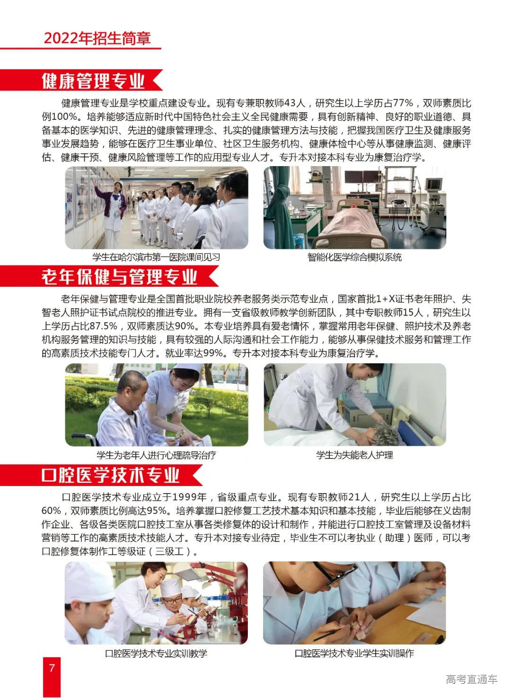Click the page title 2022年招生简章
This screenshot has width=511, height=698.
point(97,38)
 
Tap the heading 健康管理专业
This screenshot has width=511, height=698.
point(93,81)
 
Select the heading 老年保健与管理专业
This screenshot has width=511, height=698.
point(119,277)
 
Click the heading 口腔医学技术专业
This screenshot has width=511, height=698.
point(111,475)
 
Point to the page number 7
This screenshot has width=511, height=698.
point(52,668)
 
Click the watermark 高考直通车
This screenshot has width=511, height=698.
point(471,680)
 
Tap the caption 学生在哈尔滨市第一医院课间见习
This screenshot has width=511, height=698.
point(156,257)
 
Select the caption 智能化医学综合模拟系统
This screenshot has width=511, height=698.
point(354,257)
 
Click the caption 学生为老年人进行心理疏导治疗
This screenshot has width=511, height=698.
point(156,455)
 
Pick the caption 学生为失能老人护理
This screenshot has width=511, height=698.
point(354,455)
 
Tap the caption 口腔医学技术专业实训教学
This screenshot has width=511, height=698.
point(156,654)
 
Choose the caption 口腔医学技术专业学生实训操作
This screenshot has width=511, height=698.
point(354,654)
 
